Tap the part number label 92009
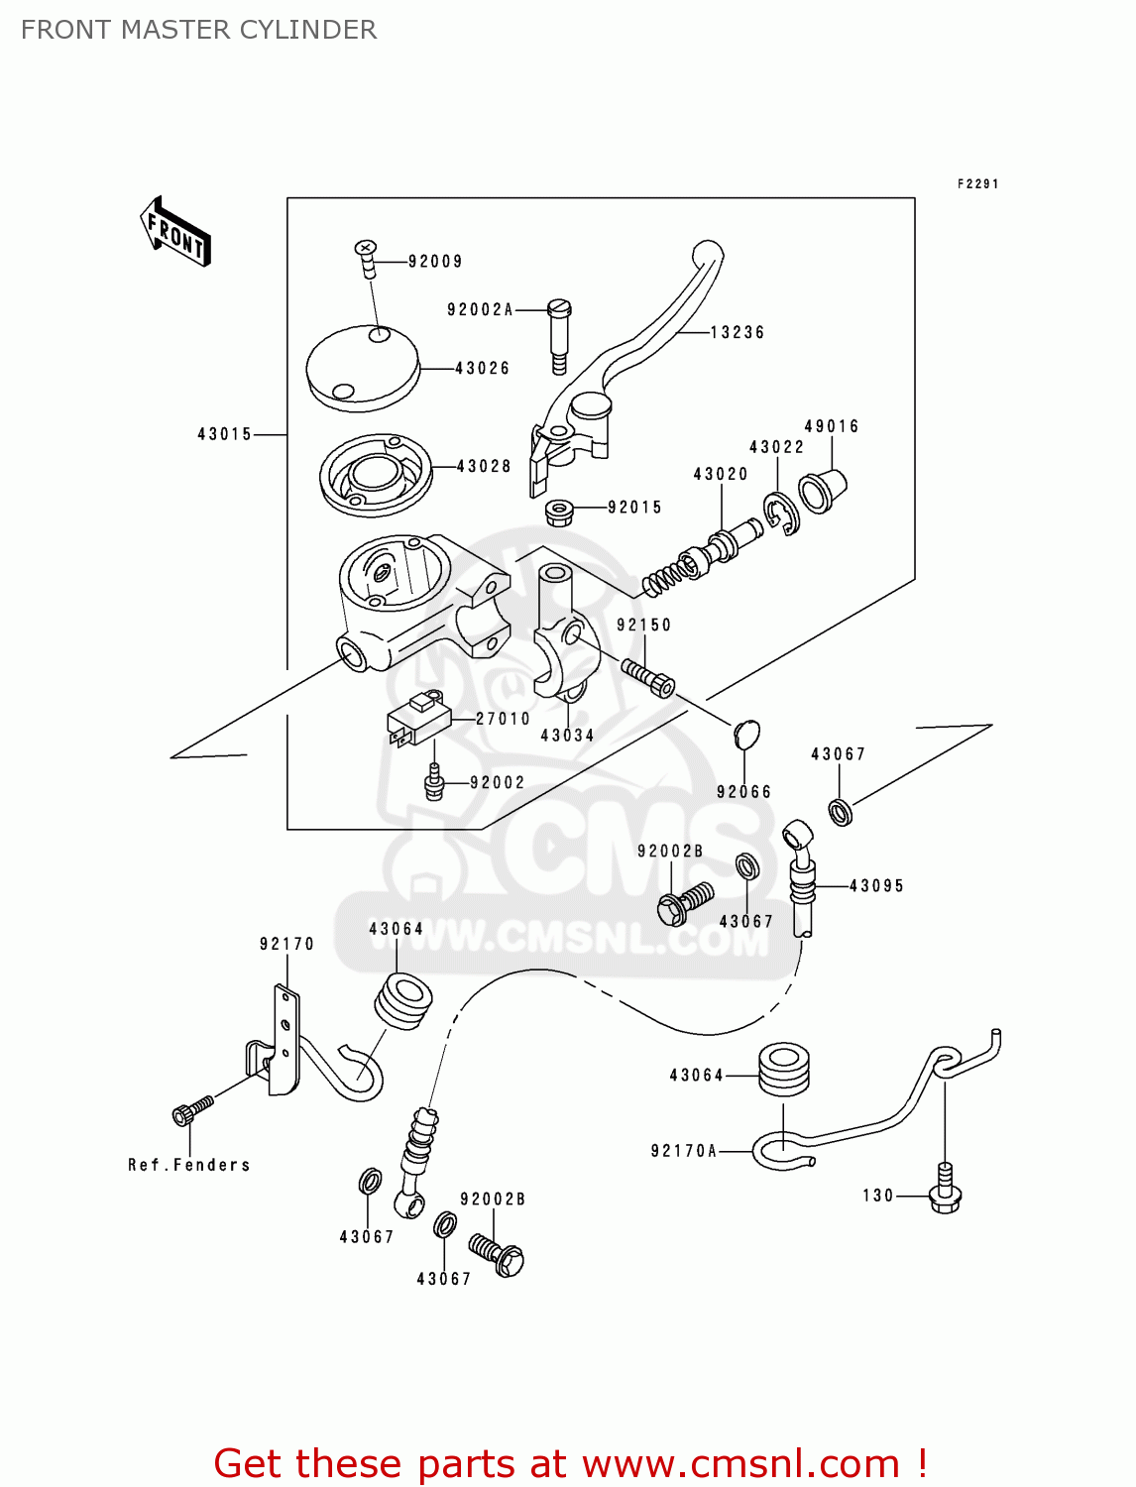(x=435, y=262)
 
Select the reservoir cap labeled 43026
(x=363, y=368)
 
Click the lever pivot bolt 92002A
(x=559, y=336)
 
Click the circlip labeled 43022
(x=781, y=514)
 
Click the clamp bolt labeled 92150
(x=648, y=676)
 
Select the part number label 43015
(x=225, y=434)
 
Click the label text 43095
(x=876, y=886)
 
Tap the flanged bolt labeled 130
(x=946, y=1189)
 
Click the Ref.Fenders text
(x=188, y=1165)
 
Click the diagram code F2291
(x=977, y=183)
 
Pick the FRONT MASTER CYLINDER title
(x=198, y=30)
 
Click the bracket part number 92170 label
(x=286, y=944)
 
